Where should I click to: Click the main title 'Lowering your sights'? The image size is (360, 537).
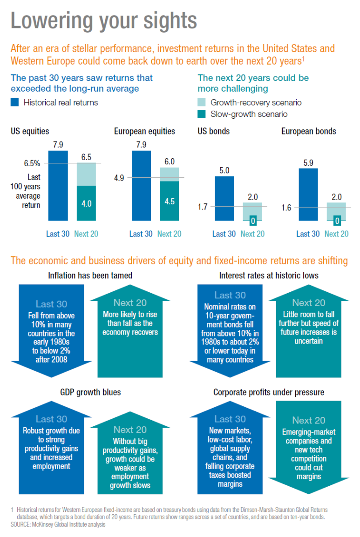[x=103, y=21]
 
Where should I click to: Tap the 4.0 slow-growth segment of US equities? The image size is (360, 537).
[x=86, y=203]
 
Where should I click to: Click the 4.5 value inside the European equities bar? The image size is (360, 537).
[x=169, y=201]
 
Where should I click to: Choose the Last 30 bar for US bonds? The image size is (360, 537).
[x=224, y=198]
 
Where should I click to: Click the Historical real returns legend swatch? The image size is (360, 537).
[x=15, y=102]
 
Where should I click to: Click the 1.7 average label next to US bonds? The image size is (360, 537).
[x=202, y=207]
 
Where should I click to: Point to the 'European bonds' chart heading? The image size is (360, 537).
[x=308, y=131]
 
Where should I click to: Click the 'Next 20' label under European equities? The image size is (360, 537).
[x=169, y=234]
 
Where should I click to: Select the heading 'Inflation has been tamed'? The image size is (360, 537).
[x=90, y=275]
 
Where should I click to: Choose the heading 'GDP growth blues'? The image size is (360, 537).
[x=90, y=392]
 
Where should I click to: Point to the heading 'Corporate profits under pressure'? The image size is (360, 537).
[x=269, y=392]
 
